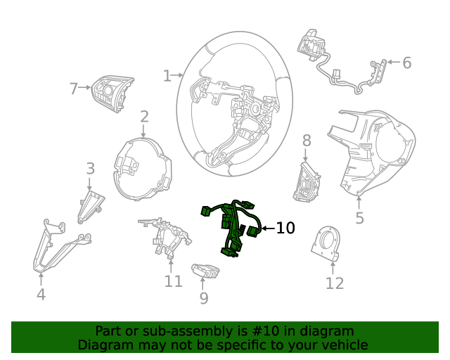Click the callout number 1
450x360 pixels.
tap(167, 75)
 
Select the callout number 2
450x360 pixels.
tap(144, 117)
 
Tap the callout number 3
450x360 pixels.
tap(90, 169)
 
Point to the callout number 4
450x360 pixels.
tap(41, 295)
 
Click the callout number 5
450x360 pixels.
tap(359, 218)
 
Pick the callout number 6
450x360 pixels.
tap(406, 63)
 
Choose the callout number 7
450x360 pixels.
tap(73, 89)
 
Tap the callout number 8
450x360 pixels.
tap(307, 141)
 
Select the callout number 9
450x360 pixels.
tap(204, 299)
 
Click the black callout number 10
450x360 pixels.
tap(285, 228)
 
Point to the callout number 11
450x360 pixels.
tap(173, 281)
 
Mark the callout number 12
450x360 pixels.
tap(335, 283)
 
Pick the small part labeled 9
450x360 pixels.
tap(204, 270)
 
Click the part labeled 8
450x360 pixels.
tap(307, 181)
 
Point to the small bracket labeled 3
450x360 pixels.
tap(91, 205)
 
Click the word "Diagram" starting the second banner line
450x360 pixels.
tap(103, 345)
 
